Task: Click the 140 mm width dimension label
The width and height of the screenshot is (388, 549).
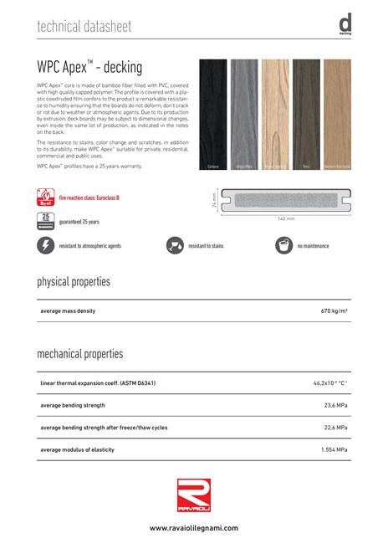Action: (287, 218)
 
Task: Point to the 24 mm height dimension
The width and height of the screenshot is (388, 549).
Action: (215, 201)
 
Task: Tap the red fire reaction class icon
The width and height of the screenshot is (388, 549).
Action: (45, 198)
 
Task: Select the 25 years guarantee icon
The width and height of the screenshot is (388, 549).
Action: (45, 221)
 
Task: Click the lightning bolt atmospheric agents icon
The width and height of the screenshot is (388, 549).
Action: (45, 246)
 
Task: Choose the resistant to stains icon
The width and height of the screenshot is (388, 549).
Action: (176, 246)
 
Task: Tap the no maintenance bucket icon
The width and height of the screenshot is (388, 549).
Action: (285, 246)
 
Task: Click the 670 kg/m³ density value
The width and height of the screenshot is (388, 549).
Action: (334, 310)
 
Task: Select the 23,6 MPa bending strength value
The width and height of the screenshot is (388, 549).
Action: (335, 405)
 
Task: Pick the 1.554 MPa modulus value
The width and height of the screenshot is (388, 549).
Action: (334, 449)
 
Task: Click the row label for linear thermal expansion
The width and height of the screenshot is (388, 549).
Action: (98, 383)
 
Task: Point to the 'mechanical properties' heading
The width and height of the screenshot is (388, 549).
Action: (79, 354)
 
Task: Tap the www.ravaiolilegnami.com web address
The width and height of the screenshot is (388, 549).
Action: (194, 528)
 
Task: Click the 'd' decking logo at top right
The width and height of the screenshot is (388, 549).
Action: (345, 25)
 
